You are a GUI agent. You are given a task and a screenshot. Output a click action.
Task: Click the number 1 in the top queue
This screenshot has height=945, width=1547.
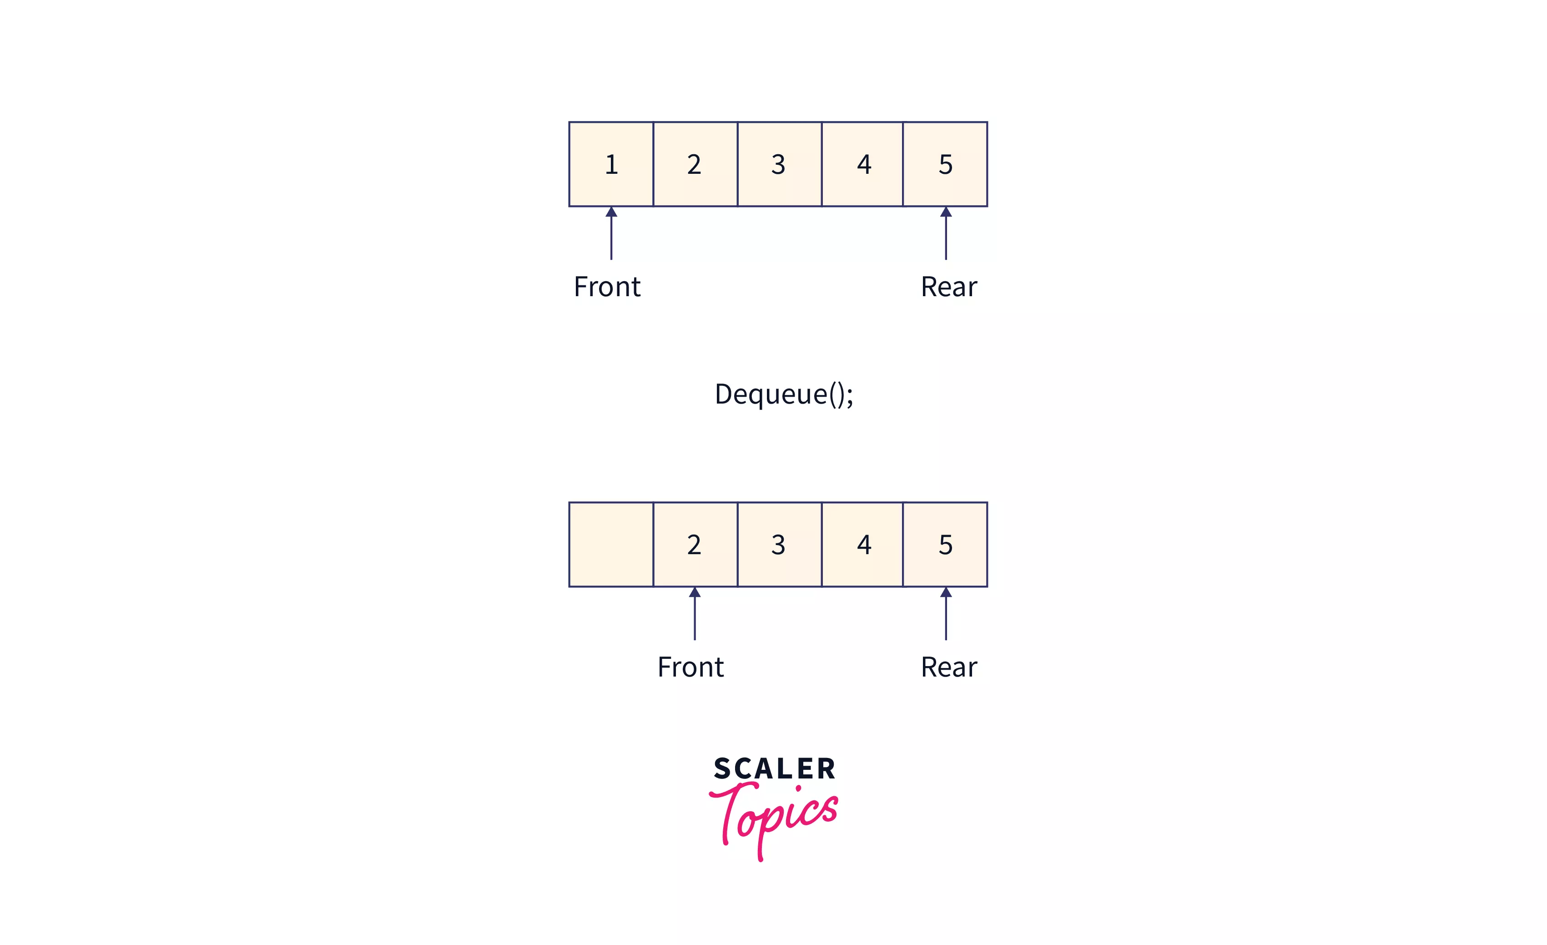(611, 165)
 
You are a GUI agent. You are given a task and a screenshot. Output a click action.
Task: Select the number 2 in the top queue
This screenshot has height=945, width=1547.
(694, 165)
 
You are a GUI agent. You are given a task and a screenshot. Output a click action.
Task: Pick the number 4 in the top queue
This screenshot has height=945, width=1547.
(864, 165)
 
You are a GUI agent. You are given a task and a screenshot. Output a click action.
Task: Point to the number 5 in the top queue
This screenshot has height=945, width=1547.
(946, 165)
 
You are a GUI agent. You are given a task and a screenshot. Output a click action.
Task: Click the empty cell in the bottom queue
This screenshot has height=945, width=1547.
(611, 545)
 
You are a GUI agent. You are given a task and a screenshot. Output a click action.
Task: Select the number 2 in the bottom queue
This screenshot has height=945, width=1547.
(694, 545)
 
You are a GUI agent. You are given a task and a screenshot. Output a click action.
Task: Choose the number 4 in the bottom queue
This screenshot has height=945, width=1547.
(864, 545)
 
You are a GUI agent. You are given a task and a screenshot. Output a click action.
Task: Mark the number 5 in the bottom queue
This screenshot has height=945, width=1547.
(946, 545)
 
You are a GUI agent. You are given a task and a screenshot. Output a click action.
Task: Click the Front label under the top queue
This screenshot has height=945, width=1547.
(607, 287)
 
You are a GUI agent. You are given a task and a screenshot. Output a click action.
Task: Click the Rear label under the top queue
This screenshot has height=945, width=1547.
(949, 287)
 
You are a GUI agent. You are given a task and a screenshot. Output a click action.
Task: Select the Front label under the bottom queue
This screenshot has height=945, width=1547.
(690, 667)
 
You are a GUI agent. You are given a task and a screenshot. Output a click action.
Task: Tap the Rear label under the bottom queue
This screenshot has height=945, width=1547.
(949, 667)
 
